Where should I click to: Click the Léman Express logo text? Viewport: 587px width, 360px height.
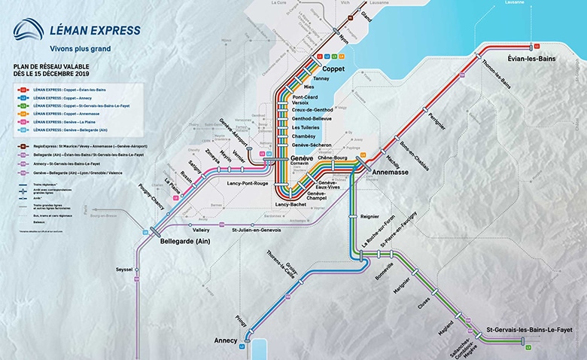pyautogui.click(x=94, y=31)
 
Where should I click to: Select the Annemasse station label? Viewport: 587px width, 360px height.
pyautogui.click(x=391, y=172)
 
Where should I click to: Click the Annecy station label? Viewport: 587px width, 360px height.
pyautogui.click(x=226, y=340)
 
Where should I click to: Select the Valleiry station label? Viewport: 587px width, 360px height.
pyautogui.click(x=201, y=229)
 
